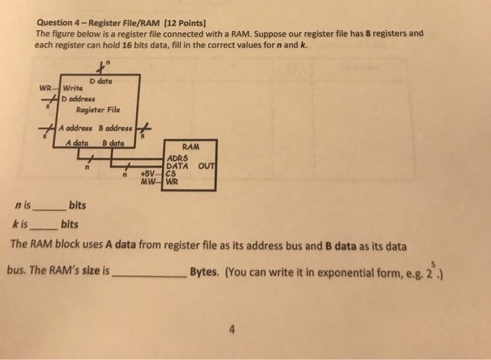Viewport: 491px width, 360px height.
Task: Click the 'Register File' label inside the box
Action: (97, 109)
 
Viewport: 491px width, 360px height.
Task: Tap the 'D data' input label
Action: (100, 81)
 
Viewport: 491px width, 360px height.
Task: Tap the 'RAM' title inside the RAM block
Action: (190, 147)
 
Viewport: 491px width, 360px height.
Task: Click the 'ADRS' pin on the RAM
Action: (177, 159)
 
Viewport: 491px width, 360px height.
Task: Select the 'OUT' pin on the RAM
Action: (206, 166)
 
